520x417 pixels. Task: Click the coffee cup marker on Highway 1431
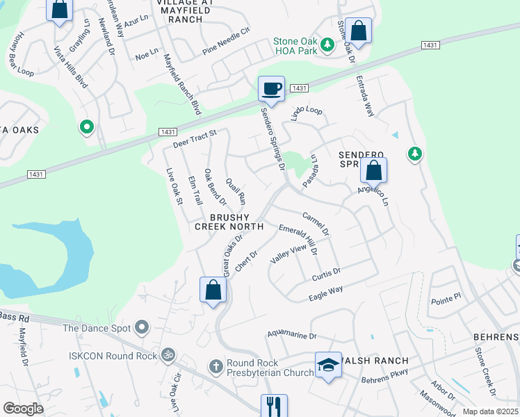pyautogui.click(x=271, y=89)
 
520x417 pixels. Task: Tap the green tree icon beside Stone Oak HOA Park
pyautogui.click(x=327, y=46)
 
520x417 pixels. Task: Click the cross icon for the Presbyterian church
pyautogui.click(x=216, y=366)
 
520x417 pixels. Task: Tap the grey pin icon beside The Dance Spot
pyautogui.click(x=143, y=327)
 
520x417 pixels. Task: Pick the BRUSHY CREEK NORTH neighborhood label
pyautogui.click(x=229, y=221)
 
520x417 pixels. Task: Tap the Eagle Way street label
pyautogui.click(x=326, y=293)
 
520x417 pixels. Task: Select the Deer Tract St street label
pyautogui.click(x=195, y=140)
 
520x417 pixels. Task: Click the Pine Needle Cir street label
pyautogui.click(x=226, y=42)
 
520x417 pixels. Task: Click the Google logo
pyautogui.click(x=23, y=409)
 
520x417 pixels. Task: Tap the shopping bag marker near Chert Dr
pyautogui.click(x=213, y=290)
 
